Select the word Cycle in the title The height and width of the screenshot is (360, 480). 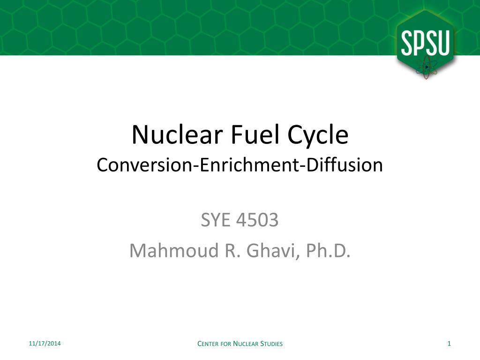[318, 135]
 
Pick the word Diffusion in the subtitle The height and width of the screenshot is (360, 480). [345, 165]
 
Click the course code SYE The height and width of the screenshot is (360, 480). [217, 220]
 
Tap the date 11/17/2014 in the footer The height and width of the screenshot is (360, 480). [44, 344]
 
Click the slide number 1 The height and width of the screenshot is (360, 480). [449, 344]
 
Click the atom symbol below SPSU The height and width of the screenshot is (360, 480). [426, 67]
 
